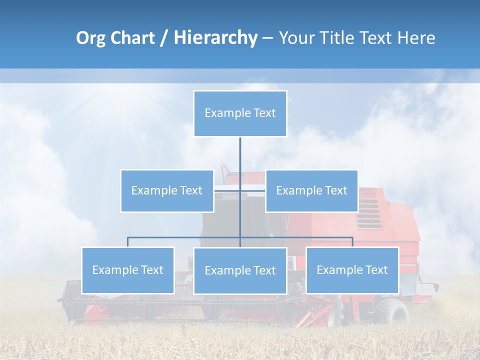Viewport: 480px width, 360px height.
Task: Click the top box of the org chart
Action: coord(240,113)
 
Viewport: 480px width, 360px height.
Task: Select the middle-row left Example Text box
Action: coord(167,190)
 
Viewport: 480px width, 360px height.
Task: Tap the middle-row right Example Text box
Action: coord(311,190)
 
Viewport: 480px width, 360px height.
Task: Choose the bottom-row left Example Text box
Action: coord(128,270)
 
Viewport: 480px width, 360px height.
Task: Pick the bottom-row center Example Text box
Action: coord(240,270)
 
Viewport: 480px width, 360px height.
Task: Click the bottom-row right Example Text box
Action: coord(352,270)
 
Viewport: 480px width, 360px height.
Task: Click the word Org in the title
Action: coord(90,38)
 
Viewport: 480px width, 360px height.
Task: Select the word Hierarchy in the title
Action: coord(215,38)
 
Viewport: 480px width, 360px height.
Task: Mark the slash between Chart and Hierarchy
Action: coord(164,38)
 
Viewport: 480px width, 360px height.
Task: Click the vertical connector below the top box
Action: coord(240,155)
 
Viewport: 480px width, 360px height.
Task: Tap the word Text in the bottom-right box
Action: coord(376,270)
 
